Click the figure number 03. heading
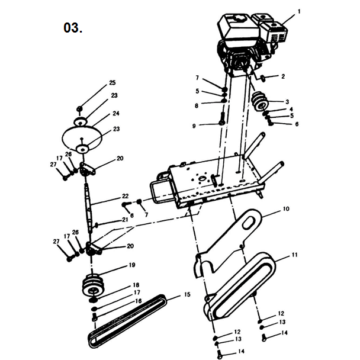72,28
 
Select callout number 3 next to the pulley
287,101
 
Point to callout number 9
193,125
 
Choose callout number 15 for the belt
187,294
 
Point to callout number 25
112,82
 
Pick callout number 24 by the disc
116,112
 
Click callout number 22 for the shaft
125,196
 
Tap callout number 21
125,220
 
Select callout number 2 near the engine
283,76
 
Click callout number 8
197,106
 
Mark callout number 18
136,285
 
